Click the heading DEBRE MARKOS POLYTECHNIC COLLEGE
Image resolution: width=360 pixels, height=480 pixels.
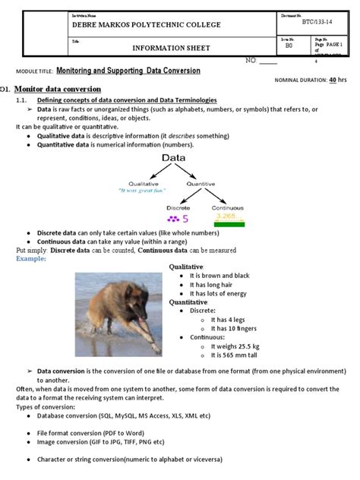pyautogui.click(x=145, y=25)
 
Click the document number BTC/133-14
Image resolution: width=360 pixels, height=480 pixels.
pyautogui.click(x=317, y=22)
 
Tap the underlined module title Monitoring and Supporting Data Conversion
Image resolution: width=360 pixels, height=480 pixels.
pyautogui.click(x=128, y=71)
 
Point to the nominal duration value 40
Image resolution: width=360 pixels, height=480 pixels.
pyautogui.click(x=333, y=79)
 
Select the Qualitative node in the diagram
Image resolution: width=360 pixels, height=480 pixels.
pyautogui.click(x=143, y=183)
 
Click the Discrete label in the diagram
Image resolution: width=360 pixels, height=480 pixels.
pyautogui.click(x=178, y=207)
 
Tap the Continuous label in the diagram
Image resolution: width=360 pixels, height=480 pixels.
pyautogui.click(x=228, y=207)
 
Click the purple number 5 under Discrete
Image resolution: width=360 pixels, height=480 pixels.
pyautogui.click(x=185, y=219)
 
